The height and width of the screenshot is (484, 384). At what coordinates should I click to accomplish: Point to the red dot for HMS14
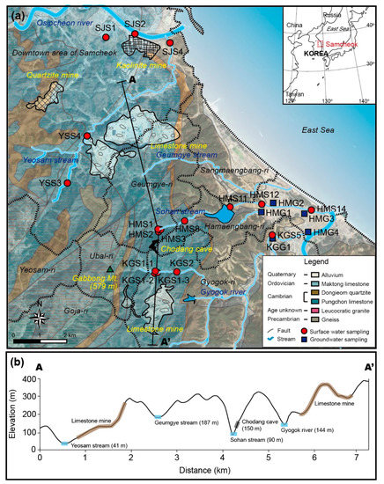[311, 209]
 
